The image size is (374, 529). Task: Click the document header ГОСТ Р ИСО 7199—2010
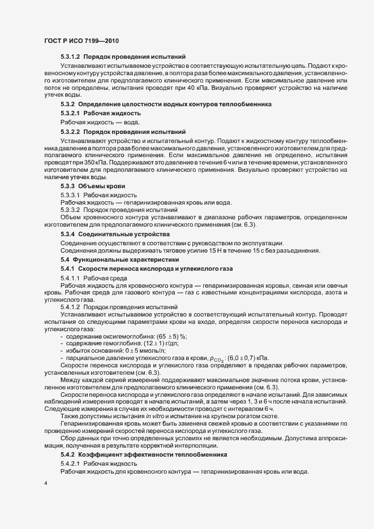point(81,41)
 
